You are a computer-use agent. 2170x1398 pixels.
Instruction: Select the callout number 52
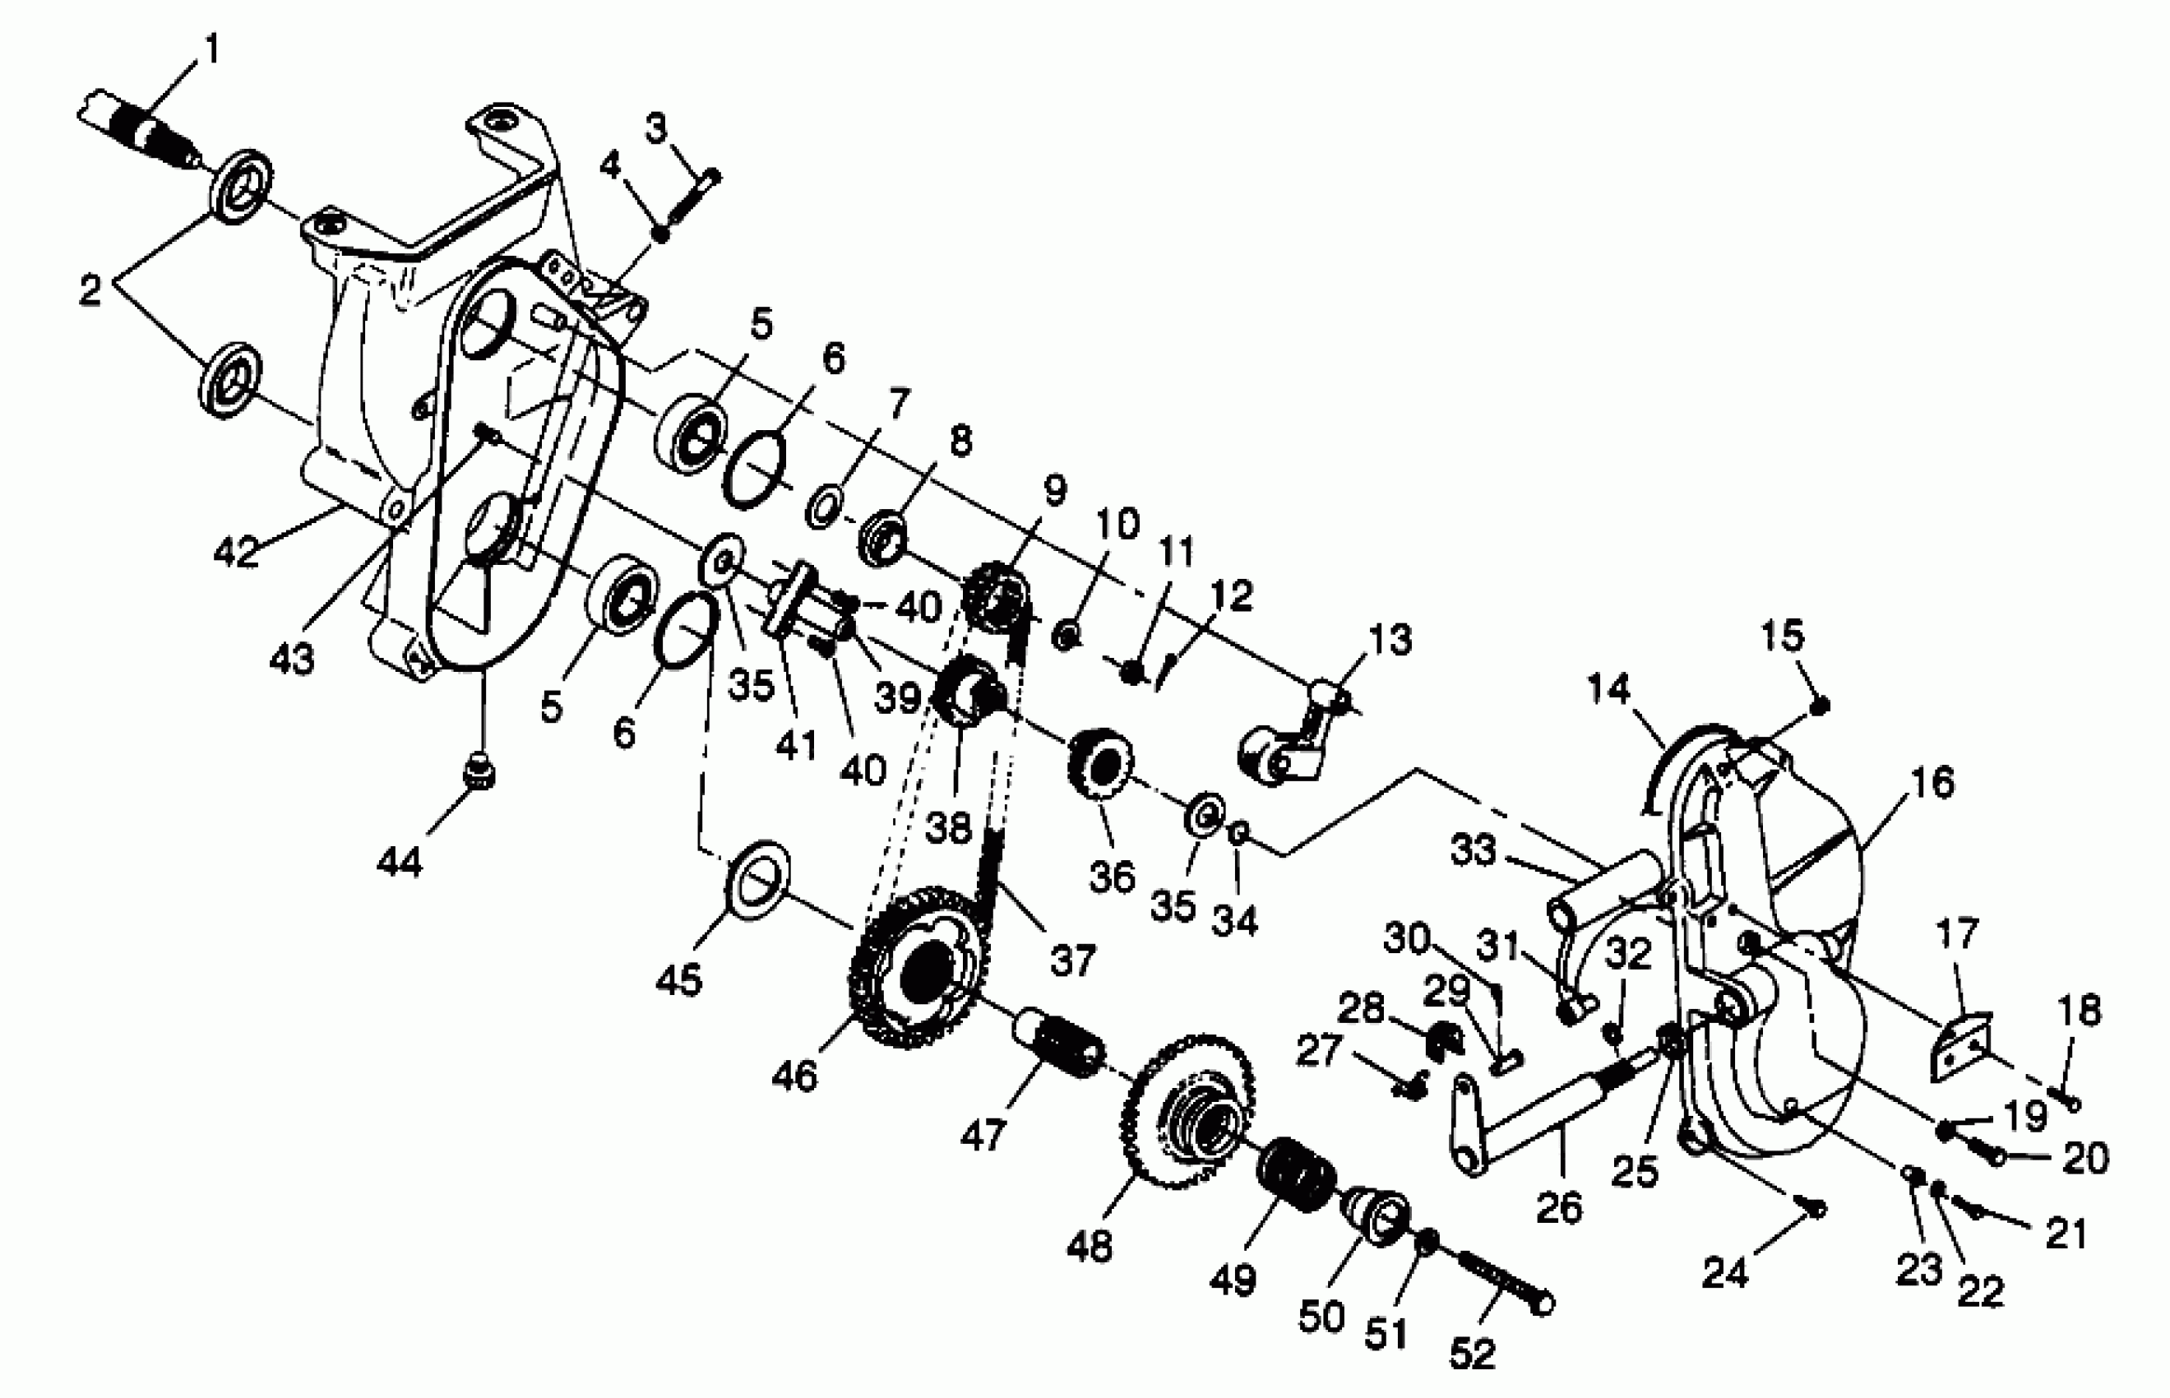point(1472,1354)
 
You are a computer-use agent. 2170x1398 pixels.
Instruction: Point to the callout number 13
point(1390,639)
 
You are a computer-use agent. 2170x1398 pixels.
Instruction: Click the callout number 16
point(1932,781)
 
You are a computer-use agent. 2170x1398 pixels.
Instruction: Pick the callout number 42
point(237,551)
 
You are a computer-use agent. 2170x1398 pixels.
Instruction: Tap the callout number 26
point(1559,1206)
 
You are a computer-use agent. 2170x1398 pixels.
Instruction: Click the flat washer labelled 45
point(758,875)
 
